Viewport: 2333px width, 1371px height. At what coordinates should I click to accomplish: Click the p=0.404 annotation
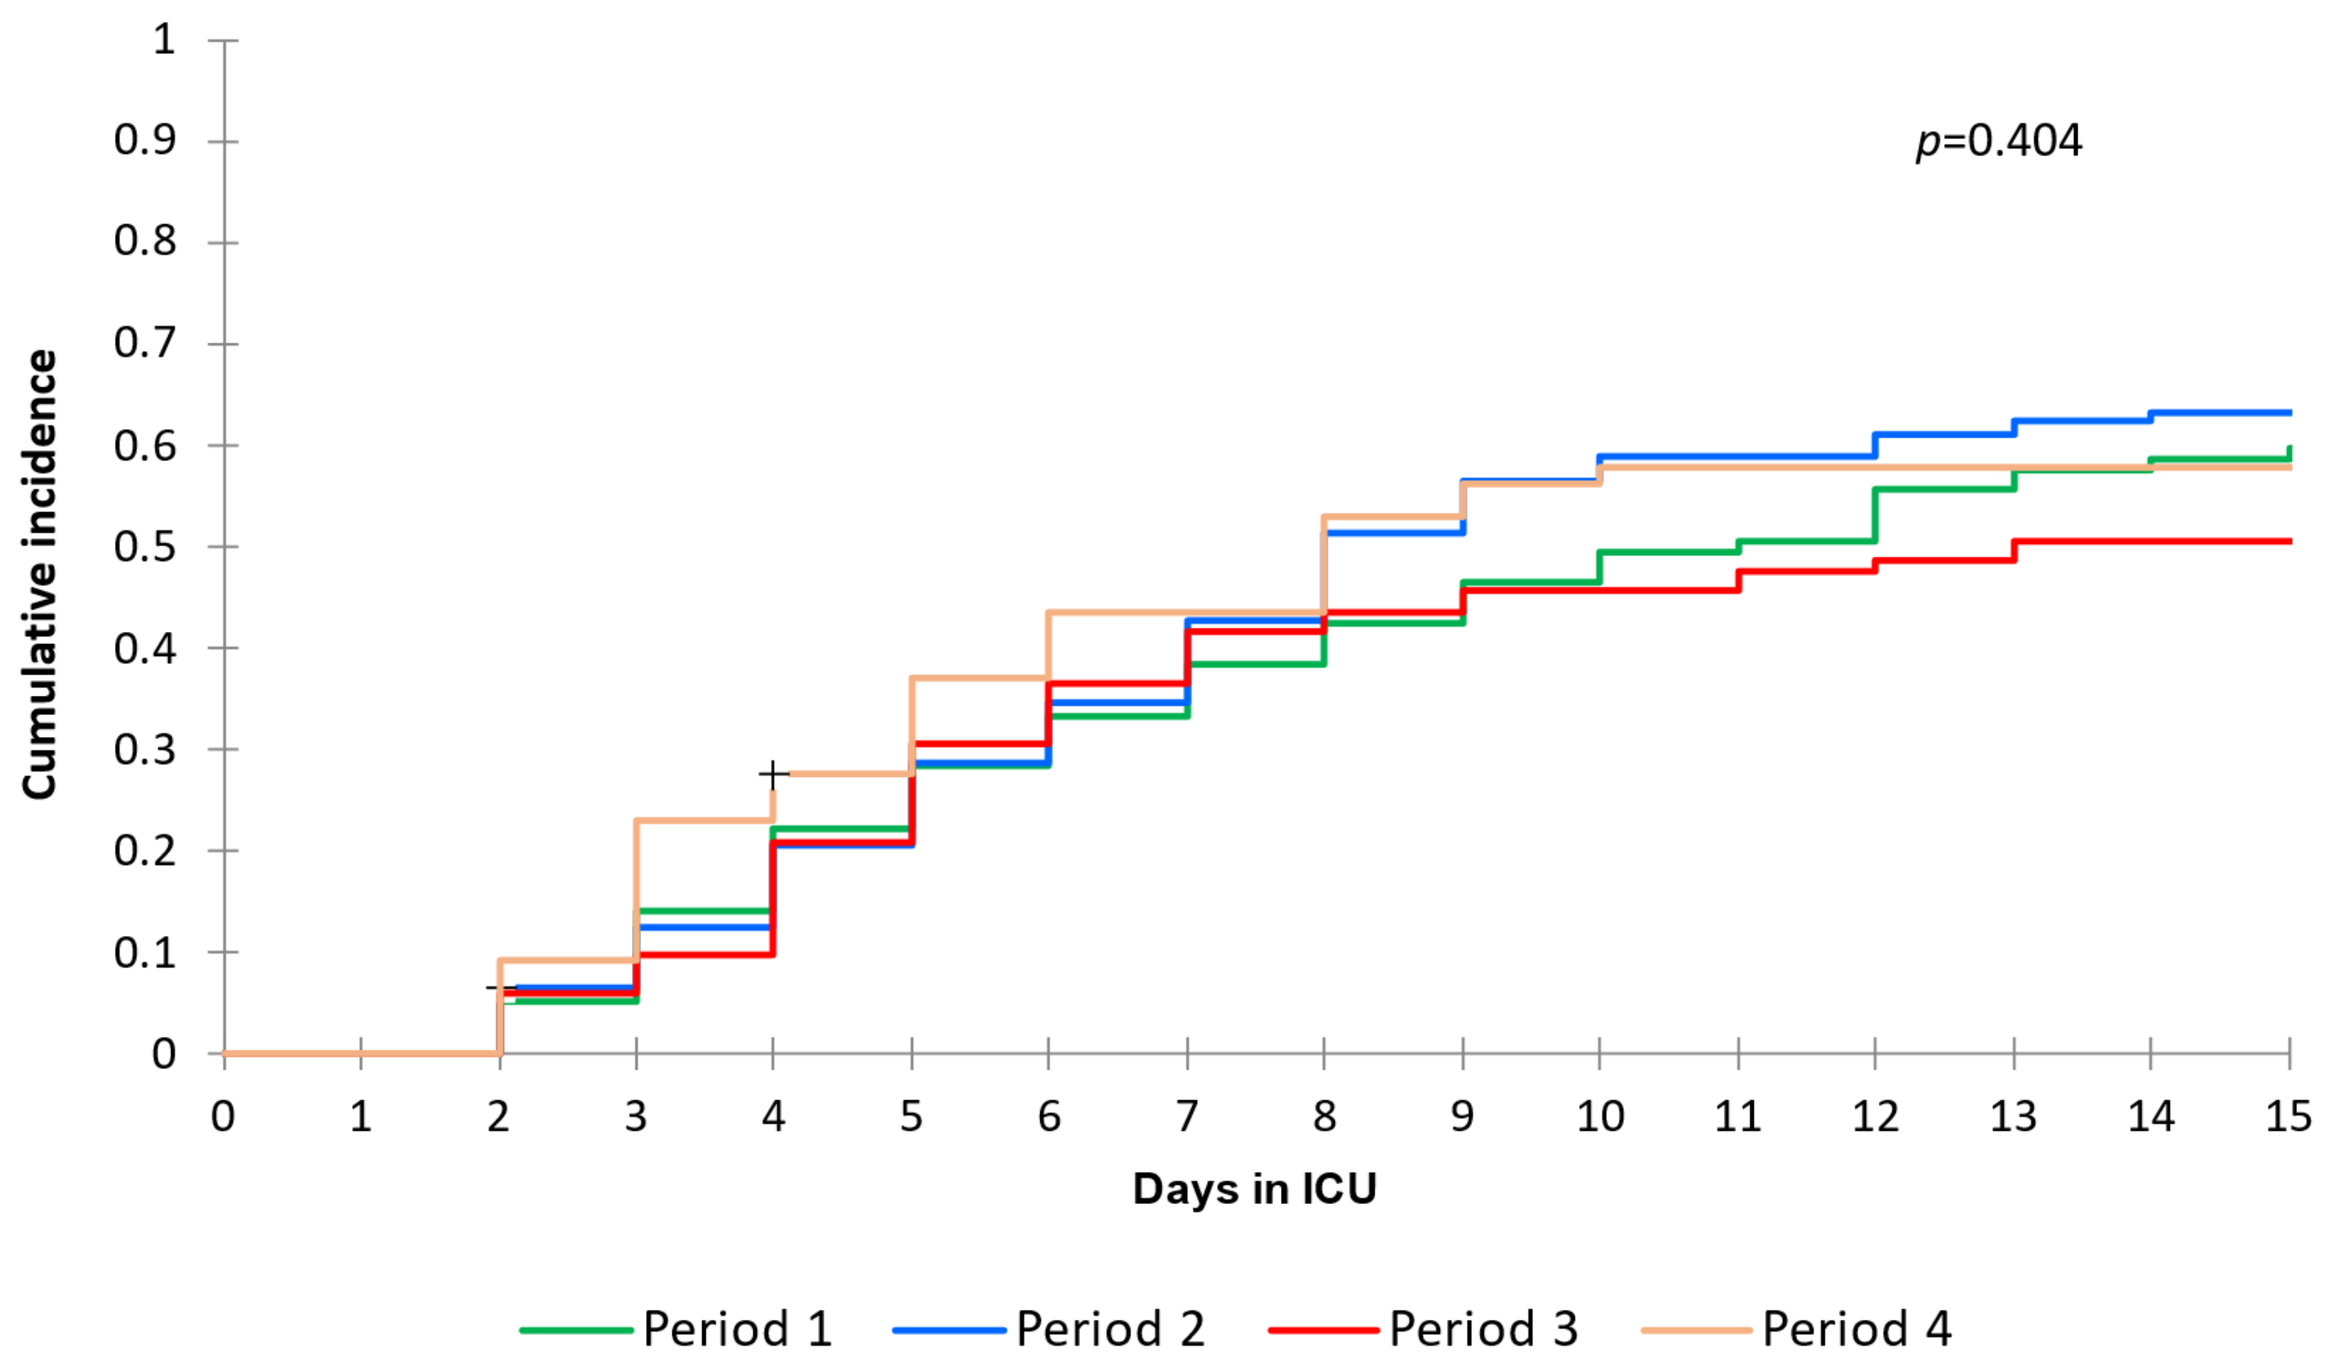point(1998,142)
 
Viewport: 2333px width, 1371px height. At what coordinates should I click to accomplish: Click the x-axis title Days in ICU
point(1254,1189)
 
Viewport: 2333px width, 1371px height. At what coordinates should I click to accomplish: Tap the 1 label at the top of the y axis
point(164,40)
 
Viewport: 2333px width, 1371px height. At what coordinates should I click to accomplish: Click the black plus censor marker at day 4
point(772,773)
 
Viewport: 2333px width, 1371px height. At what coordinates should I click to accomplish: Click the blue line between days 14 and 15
point(2222,412)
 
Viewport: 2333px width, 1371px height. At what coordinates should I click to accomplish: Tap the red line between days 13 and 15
point(2148,541)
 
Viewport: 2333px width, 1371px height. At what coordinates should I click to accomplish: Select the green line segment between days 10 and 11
point(1667,551)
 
